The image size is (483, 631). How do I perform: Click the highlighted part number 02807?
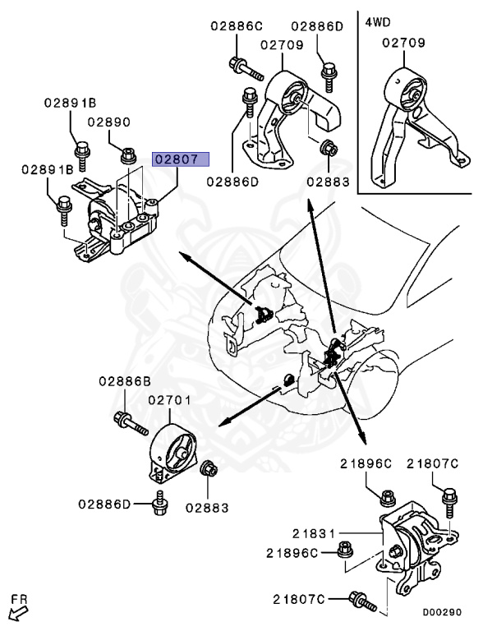point(181,159)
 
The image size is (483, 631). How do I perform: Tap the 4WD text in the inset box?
point(378,21)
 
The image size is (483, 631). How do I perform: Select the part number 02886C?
point(237,26)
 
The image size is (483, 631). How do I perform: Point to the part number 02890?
point(109,122)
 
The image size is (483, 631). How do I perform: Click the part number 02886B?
point(125,381)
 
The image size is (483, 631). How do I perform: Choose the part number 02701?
point(169,400)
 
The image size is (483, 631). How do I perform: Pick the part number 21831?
point(314,533)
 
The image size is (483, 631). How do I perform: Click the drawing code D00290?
point(442,613)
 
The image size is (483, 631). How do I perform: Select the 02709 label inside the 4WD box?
point(403,43)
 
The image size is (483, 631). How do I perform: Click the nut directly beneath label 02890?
point(128,155)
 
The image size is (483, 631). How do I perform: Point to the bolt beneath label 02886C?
point(246,69)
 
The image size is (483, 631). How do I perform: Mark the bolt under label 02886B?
point(131,424)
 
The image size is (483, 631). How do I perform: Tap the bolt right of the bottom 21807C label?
point(362,601)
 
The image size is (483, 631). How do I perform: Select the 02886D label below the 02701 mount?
point(104,504)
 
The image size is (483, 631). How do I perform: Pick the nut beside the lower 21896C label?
point(344,550)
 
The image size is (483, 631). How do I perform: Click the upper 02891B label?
point(70,104)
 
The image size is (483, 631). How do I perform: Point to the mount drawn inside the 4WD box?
point(416,125)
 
